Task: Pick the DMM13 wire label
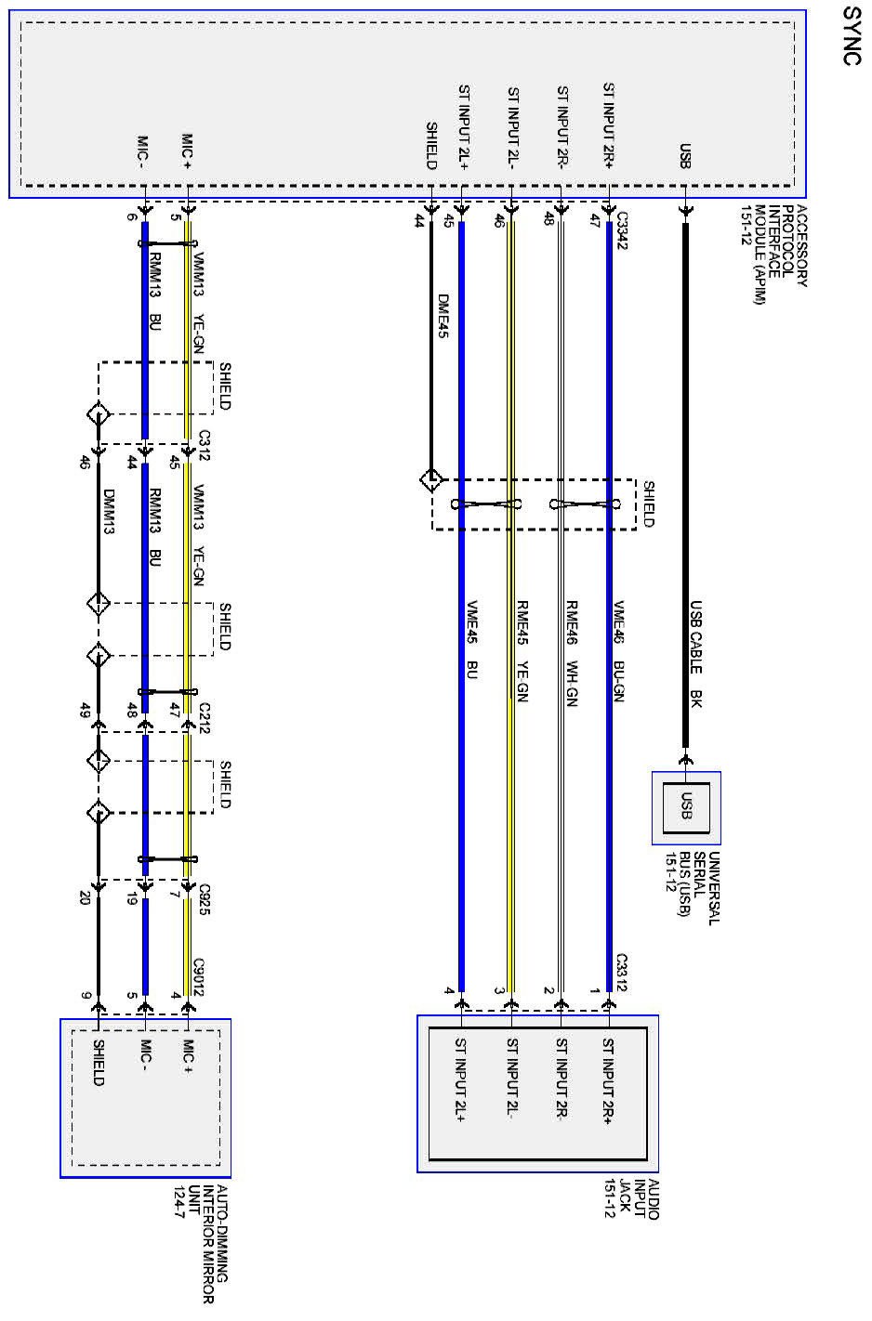[109, 513]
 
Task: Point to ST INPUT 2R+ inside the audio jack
[609, 1080]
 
